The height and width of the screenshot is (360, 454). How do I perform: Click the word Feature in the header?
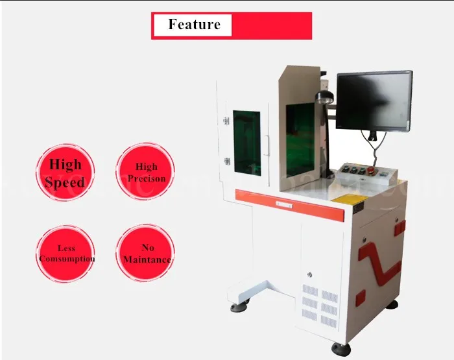(194, 25)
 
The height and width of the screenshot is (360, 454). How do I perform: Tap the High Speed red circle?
(66, 173)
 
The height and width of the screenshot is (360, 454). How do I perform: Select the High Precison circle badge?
(147, 172)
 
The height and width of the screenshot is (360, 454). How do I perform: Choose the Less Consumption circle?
(66, 254)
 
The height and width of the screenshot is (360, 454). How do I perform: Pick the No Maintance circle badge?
(147, 254)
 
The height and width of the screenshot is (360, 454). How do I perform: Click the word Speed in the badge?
(66, 182)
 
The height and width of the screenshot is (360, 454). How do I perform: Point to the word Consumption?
(67, 259)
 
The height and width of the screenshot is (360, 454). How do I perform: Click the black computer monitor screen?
(374, 101)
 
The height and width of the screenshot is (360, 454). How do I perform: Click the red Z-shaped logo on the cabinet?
(380, 263)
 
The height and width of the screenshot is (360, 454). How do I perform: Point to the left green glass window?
(246, 143)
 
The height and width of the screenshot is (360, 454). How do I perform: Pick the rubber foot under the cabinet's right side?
(392, 304)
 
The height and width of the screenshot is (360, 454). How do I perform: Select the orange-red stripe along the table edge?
(289, 202)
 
